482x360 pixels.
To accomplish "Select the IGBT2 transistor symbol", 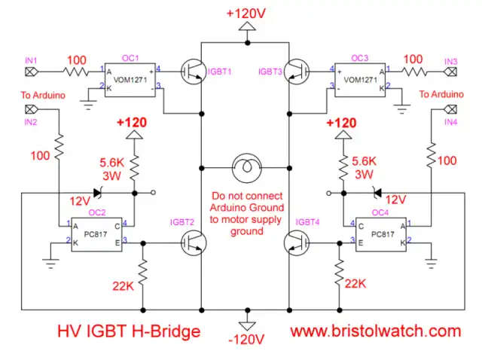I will (192, 242).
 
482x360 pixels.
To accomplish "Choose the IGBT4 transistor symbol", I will (295, 242).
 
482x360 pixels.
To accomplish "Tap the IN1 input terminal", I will (31, 72).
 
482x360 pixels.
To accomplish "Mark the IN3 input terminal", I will (451, 72).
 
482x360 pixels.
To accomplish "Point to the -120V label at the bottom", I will (246, 339).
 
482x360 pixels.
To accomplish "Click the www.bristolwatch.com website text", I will (375, 331).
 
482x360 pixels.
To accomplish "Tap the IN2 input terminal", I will (31, 111).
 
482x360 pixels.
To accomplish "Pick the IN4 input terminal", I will (451, 111).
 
